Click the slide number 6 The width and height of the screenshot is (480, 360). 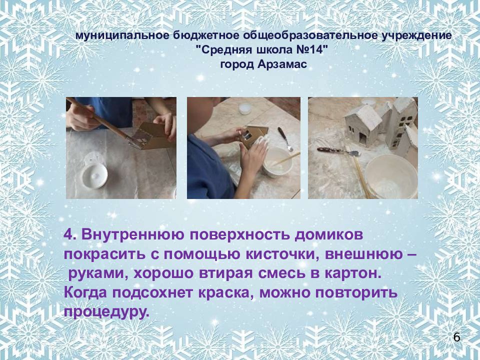456,337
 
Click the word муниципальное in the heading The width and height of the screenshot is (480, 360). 122,36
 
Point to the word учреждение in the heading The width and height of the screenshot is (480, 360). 416,36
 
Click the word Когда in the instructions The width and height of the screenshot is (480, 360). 85,293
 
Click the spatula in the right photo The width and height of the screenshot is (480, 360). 338,151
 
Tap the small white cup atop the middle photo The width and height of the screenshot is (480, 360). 245,108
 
